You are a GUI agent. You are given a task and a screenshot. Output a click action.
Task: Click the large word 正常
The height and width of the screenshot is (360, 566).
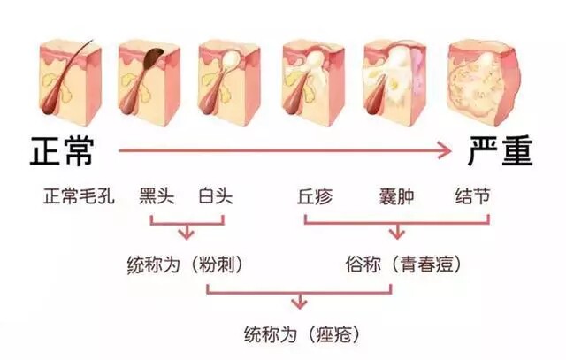point(62,151)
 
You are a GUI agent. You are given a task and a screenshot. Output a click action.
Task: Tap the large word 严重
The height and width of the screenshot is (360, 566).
point(501,151)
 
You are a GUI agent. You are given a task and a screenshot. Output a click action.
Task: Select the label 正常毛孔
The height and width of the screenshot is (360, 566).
point(79,196)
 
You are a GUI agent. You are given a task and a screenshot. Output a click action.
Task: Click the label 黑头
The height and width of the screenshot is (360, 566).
point(157,196)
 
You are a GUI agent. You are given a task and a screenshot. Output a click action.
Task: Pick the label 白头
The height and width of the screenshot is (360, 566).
point(216,196)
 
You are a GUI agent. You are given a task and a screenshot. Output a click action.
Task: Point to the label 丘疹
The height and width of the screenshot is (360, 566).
point(315,196)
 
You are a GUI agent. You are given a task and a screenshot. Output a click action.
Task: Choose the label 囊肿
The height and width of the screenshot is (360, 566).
point(396,196)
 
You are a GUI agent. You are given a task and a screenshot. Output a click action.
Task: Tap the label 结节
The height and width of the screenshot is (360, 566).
point(472,196)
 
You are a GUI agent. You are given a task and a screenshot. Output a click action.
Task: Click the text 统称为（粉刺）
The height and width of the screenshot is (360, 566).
point(185,264)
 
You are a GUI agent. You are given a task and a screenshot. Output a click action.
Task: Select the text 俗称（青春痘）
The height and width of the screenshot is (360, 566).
point(403,264)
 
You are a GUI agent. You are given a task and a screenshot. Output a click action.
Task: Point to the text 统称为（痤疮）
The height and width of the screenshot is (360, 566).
point(302,334)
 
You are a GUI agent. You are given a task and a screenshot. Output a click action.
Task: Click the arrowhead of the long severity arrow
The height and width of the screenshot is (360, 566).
point(446,150)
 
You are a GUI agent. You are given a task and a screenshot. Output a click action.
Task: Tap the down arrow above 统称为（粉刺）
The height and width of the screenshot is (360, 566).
point(187,232)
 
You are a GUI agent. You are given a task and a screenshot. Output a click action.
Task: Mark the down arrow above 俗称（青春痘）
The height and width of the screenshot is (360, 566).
point(397,232)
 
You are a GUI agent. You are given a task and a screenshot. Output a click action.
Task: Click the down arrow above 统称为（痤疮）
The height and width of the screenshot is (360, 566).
point(299,301)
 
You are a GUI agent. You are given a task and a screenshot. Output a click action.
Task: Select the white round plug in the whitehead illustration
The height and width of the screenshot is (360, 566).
point(231,58)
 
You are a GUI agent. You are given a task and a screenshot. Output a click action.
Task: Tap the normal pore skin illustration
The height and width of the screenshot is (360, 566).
point(70,82)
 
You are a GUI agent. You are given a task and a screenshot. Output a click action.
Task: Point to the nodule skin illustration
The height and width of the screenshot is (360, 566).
point(484,84)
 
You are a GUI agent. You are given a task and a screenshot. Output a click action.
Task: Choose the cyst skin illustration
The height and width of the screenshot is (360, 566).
point(395,83)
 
